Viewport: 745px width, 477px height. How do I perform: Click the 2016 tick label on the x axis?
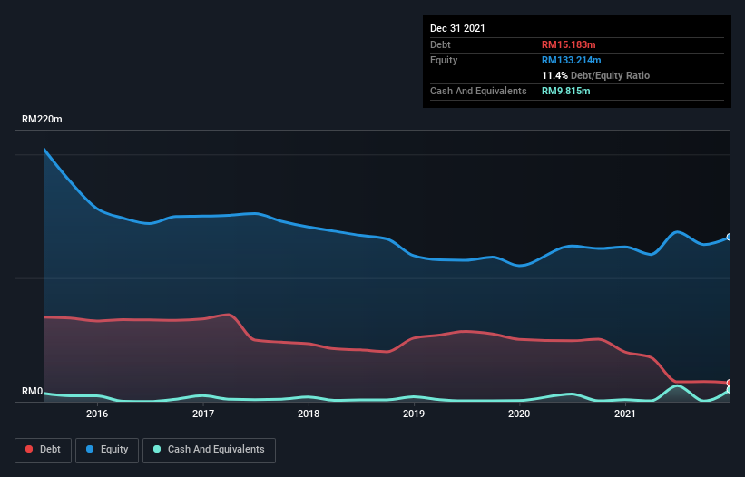click(x=97, y=414)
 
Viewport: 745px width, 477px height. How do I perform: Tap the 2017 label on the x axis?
click(x=202, y=414)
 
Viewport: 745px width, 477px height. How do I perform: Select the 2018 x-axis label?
click(x=309, y=414)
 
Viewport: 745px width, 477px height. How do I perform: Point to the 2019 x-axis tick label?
click(x=414, y=414)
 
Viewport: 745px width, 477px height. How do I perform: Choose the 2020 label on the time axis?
click(x=519, y=414)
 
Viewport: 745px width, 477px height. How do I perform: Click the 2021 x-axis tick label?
click(x=625, y=414)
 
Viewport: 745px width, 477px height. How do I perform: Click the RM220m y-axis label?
click(x=42, y=120)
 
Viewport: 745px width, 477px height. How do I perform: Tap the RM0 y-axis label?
click(x=32, y=392)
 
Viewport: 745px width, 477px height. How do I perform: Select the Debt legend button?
click(x=42, y=449)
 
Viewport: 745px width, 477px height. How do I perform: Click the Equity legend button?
click(x=107, y=449)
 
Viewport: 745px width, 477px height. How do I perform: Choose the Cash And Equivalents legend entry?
click(x=209, y=449)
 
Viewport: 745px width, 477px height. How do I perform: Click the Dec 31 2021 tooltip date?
click(x=457, y=28)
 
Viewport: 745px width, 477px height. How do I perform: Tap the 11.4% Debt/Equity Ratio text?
click(x=595, y=75)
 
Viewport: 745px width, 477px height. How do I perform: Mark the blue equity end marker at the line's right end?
click(x=729, y=237)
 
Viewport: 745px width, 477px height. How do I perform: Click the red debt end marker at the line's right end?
click(x=729, y=383)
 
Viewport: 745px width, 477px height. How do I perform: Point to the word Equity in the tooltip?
click(x=444, y=60)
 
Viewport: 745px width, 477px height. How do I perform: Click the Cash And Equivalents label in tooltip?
click(x=478, y=91)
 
